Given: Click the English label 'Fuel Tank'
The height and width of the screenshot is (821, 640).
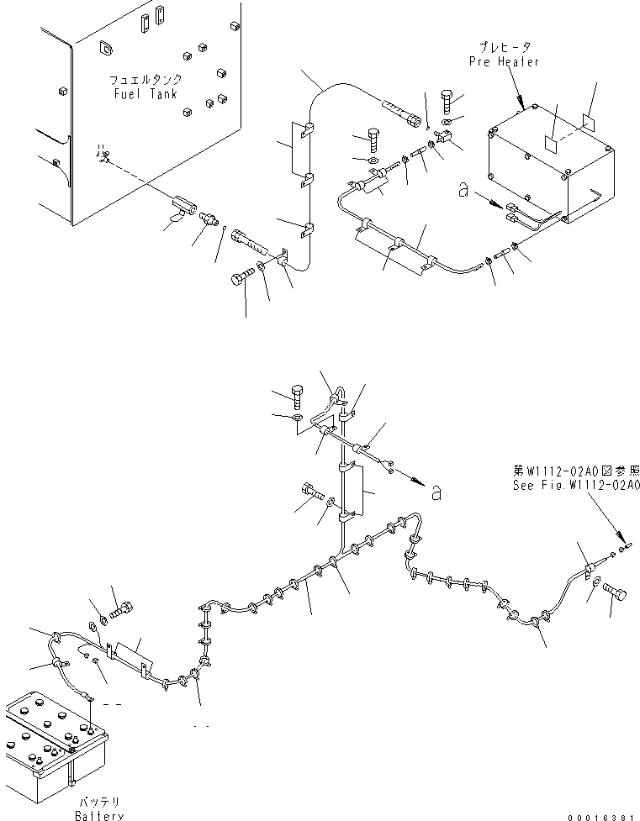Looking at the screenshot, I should pos(145,94).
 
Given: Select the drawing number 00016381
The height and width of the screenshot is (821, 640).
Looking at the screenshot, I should pos(600,815).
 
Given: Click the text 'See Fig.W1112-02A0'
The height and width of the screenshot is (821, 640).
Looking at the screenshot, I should pos(576,486).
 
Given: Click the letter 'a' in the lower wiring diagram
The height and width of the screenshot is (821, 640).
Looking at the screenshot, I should pos(436,493).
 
